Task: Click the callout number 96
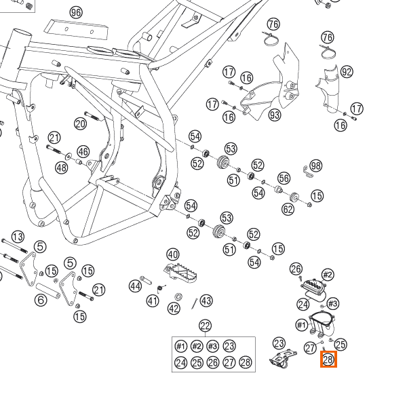click(x=75, y=12)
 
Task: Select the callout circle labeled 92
click(x=347, y=72)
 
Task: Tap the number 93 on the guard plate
click(x=275, y=115)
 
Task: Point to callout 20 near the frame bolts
click(x=81, y=123)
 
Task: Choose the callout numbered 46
click(x=83, y=151)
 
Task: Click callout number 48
click(x=62, y=168)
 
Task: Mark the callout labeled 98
click(x=316, y=166)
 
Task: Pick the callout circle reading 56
click(x=284, y=178)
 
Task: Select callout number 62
click(x=288, y=209)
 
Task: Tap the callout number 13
click(x=18, y=236)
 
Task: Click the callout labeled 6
click(x=41, y=300)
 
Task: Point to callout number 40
click(x=172, y=254)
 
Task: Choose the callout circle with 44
click(x=136, y=286)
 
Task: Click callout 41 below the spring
click(x=153, y=301)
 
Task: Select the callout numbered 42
click(x=174, y=309)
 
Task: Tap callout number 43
click(x=206, y=301)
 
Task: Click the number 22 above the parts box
click(x=205, y=326)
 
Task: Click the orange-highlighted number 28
click(x=328, y=360)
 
